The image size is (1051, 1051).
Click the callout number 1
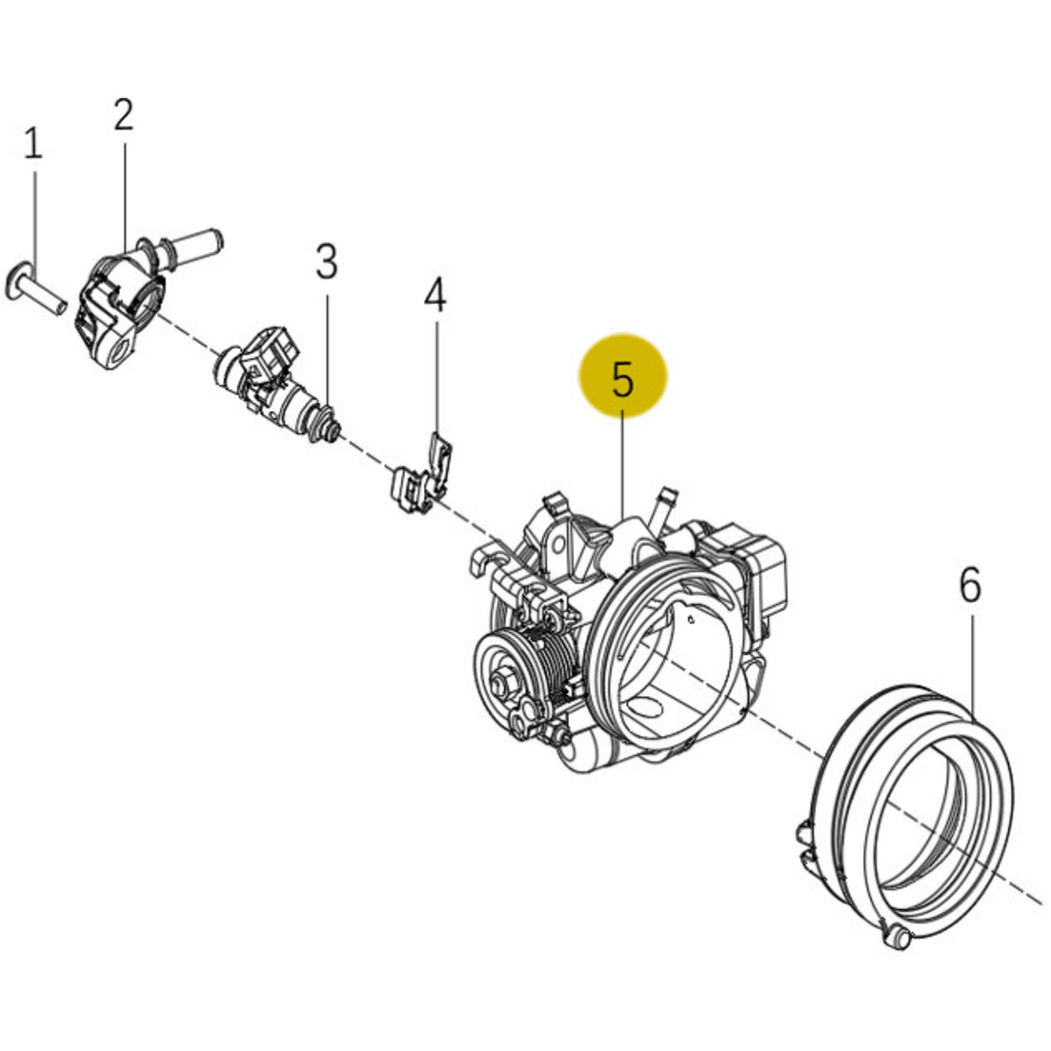tap(33, 144)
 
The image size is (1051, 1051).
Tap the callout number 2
tap(124, 115)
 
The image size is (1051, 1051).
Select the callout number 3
tap(326, 261)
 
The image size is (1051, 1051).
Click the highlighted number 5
tap(623, 379)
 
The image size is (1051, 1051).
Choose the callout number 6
tap(970, 585)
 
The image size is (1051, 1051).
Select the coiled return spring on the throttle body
tap(553, 662)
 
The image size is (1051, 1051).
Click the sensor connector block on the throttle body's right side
tap(760, 566)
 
